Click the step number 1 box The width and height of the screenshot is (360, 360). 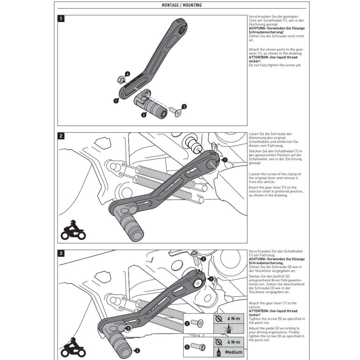[62, 19]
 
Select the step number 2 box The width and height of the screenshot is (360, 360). [62, 136]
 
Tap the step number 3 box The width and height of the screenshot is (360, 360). [62, 253]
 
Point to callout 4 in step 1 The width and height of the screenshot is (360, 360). [128, 74]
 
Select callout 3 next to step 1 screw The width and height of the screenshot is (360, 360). [184, 107]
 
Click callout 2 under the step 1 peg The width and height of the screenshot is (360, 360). [144, 115]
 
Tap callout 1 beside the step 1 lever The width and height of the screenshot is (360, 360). [116, 101]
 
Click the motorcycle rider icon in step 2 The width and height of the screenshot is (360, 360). [73, 230]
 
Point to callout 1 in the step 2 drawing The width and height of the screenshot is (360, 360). [225, 159]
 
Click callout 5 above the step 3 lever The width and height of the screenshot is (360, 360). [203, 259]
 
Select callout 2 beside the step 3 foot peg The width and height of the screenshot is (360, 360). [138, 350]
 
